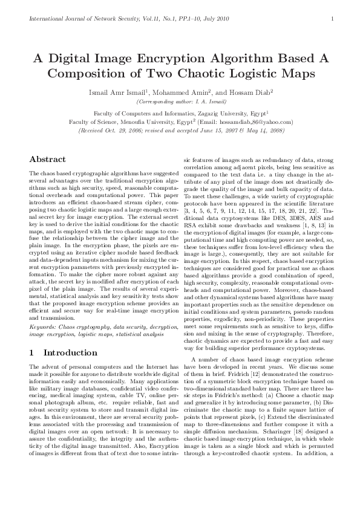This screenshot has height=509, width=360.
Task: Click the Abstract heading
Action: click(48, 159)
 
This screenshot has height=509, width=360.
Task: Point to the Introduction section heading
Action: click(63, 352)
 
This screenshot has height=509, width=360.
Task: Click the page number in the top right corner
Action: click(333, 19)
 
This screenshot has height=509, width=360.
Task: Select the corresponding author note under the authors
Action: click(180, 102)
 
